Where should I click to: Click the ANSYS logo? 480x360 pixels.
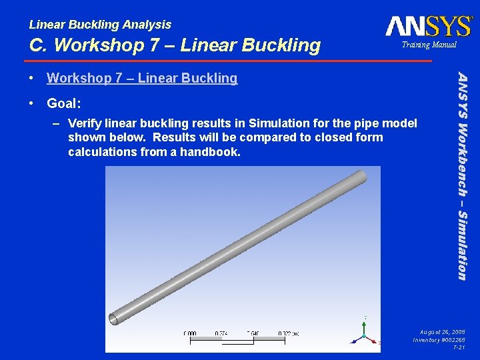429,26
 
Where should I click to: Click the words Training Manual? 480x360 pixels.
429,45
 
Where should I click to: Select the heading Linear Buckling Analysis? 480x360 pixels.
100,25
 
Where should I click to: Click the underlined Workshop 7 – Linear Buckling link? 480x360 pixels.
142,78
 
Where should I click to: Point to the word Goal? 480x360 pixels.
64,103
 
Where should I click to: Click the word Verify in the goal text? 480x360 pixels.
85,123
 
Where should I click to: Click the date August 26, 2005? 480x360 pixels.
443,331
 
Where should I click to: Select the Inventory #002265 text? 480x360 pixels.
439,340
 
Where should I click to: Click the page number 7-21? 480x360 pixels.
459,348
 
